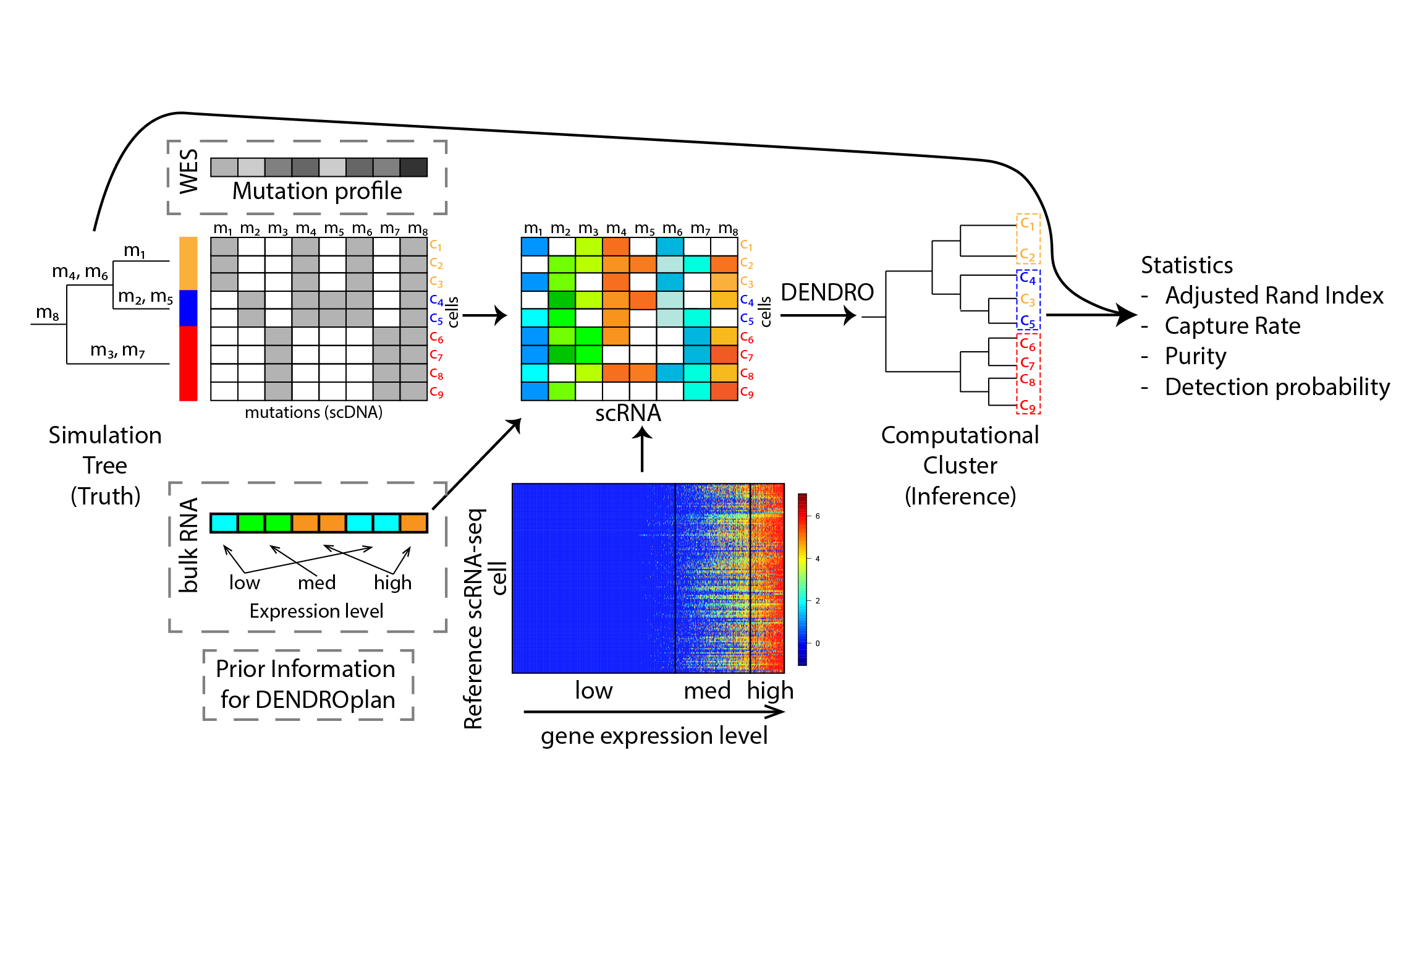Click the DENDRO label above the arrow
pyautogui.click(x=827, y=292)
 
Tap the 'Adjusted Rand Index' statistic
pyautogui.click(x=1274, y=296)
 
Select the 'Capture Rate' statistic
pyautogui.click(x=1232, y=326)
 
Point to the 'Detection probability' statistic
pyautogui.click(x=1277, y=387)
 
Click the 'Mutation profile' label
pyautogui.click(x=317, y=191)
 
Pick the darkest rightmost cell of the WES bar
pyautogui.click(x=413, y=167)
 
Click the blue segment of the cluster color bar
pyautogui.click(x=188, y=307)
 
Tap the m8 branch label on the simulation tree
pyautogui.click(x=48, y=312)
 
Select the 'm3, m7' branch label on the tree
pyautogui.click(x=117, y=351)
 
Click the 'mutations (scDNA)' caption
pyautogui.click(x=313, y=412)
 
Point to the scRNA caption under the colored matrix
pyautogui.click(x=628, y=413)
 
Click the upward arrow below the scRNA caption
pyautogui.click(x=642, y=450)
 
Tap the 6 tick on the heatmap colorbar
pyautogui.click(x=817, y=516)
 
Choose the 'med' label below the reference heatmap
pyautogui.click(x=707, y=690)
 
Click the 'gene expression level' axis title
pyautogui.click(x=654, y=736)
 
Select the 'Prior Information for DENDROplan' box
pyautogui.click(x=308, y=684)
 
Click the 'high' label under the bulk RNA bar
pyautogui.click(x=392, y=582)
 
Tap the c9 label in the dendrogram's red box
pyautogui.click(x=1027, y=406)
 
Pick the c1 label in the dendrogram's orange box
pyautogui.click(x=1027, y=223)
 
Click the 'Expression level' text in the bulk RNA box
pyautogui.click(x=316, y=611)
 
